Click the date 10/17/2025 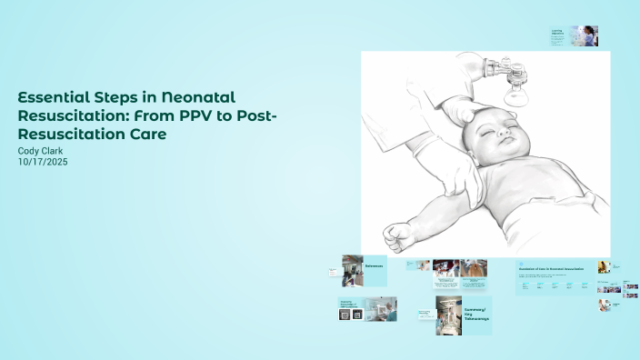(x=44, y=162)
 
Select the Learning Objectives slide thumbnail (x=557, y=36)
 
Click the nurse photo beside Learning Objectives (x=584, y=35)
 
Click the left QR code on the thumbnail (x=345, y=315)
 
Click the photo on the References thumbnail (x=352, y=270)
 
